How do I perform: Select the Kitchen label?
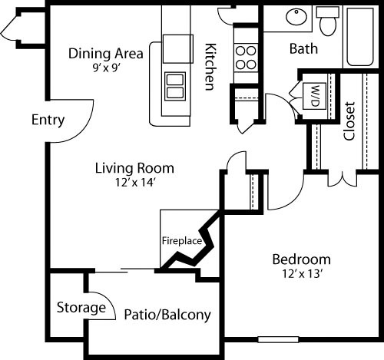click(x=209, y=66)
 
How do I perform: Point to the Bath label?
click(x=303, y=49)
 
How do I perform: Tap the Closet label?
click(x=349, y=121)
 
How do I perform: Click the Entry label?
click(x=48, y=121)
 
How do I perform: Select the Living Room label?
click(x=134, y=167)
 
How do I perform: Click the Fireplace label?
click(x=181, y=240)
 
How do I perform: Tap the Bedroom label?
click(x=301, y=259)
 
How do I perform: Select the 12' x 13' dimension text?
click(x=301, y=272)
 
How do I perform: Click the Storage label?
click(x=81, y=308)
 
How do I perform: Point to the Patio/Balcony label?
click(x=167, y=315)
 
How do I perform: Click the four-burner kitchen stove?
click(x=246, y=53)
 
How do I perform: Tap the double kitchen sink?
click(x=175, y=84)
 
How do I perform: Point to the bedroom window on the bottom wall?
click(x=278, y=339)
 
